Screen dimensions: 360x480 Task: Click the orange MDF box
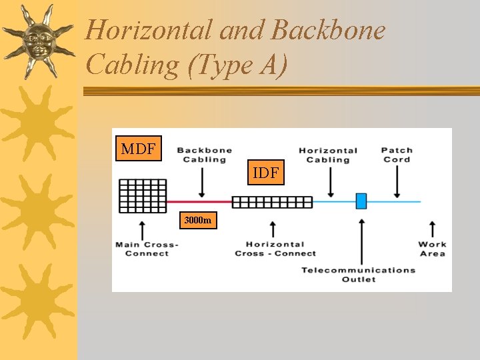(138, 148)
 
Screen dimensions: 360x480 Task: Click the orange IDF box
(265, 173)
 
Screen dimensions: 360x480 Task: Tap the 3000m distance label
(197, 220)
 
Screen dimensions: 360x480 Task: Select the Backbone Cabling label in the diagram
(204, 155)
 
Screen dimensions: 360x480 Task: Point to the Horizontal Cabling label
(328, 155)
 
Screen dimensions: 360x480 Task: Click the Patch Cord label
(397, 155)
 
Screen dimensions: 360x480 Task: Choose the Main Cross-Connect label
(147, 249)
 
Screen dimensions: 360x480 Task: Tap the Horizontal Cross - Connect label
(275, 249)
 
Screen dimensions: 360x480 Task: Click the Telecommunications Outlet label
(359, 274)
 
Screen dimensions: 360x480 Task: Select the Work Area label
(433, 249)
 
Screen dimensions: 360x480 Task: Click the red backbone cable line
(199, 201)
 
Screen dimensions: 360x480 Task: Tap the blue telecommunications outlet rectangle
(361, 201)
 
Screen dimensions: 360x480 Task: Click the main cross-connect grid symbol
(143, 196)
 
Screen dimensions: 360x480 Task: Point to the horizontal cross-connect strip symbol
(272, 202)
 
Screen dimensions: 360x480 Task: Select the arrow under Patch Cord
(397, 181)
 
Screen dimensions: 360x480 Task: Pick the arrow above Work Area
(432, 228)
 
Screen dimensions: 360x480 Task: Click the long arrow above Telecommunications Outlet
(361, 240)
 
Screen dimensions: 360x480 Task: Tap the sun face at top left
(38, 40)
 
